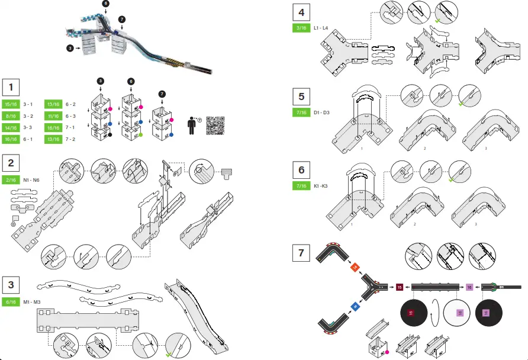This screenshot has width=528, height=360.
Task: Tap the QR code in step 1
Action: click(x=216, y=126)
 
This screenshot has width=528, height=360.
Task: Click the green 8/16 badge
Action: click(x=11, y=116)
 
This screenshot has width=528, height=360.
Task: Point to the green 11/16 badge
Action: click(x=54, y=116)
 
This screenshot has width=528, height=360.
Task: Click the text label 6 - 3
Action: click(x=71, y=116)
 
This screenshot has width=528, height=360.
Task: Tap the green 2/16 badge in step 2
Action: click(x=11, y=180)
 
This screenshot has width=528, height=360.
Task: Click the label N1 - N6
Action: click(x=31, y=180)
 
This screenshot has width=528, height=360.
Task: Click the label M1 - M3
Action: click(x=32, y=302)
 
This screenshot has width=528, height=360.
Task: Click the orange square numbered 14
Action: click(x=355, y=268)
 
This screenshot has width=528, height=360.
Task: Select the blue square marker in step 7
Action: click(x=355, y=306)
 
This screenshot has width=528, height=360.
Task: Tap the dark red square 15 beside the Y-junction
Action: click(x=400, y=287)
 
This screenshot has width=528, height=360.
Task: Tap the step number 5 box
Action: click(x=302, y=96)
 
